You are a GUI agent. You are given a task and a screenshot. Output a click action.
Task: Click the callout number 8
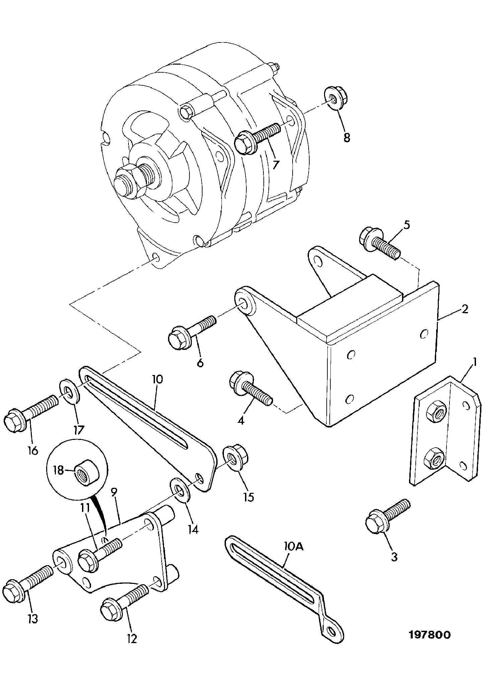coord(346,137)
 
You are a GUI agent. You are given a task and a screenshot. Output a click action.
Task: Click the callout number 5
coord(406,224)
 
